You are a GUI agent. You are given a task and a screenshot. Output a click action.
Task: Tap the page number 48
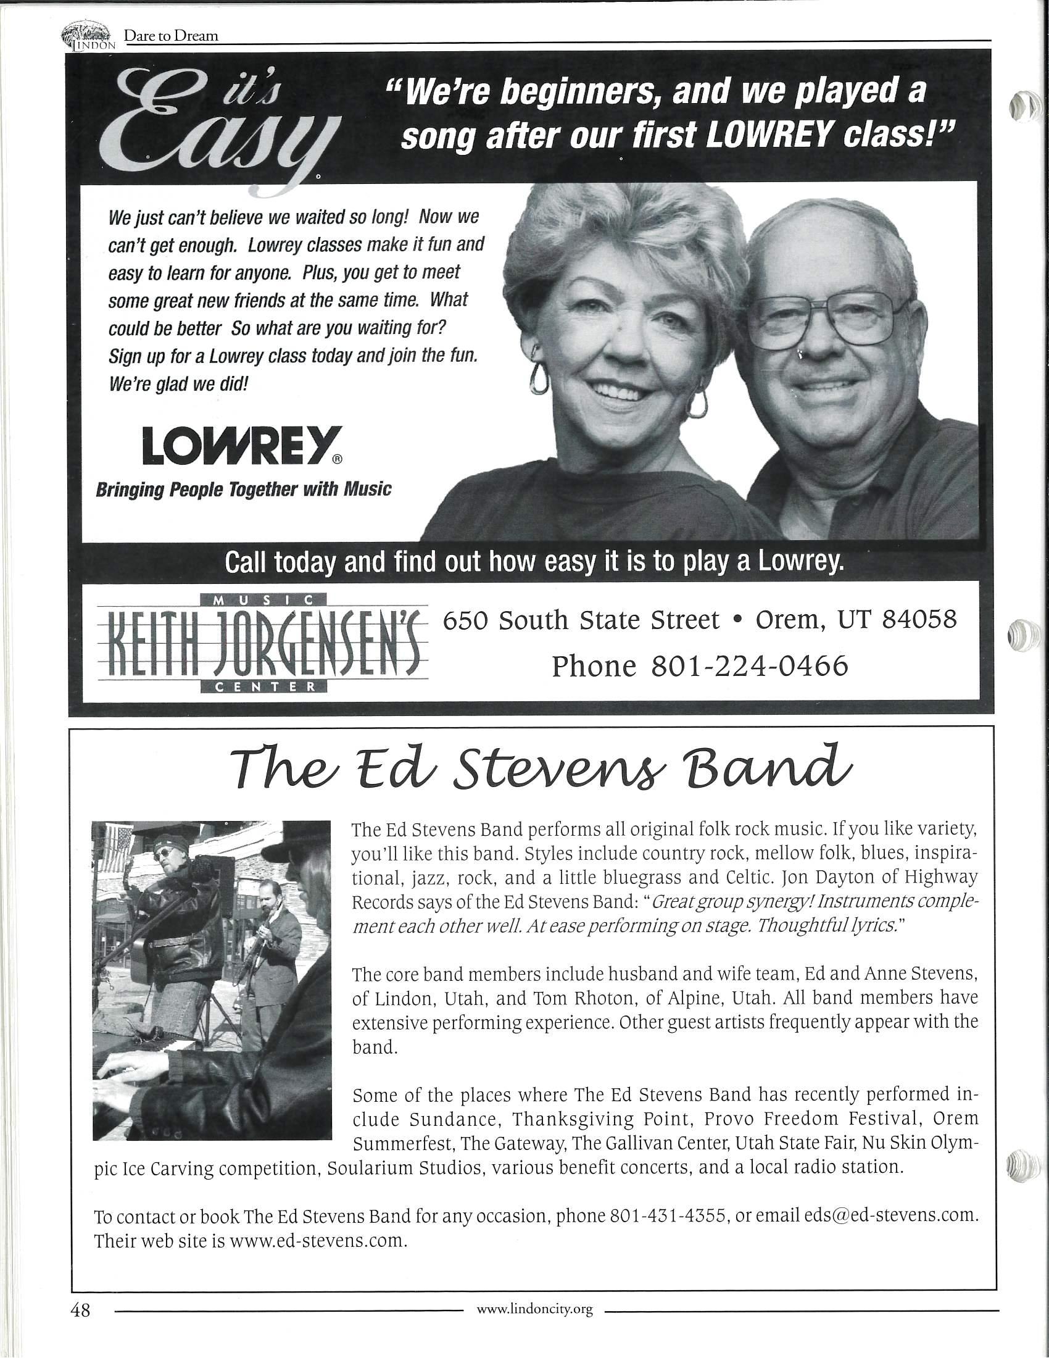coord(81,1310)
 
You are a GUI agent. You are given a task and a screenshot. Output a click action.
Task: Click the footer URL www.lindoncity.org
coord(534,1310)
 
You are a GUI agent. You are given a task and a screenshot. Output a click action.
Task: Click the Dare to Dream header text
coord(171,35)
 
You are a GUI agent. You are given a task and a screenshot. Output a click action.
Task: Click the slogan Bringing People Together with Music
coord(243,490)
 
